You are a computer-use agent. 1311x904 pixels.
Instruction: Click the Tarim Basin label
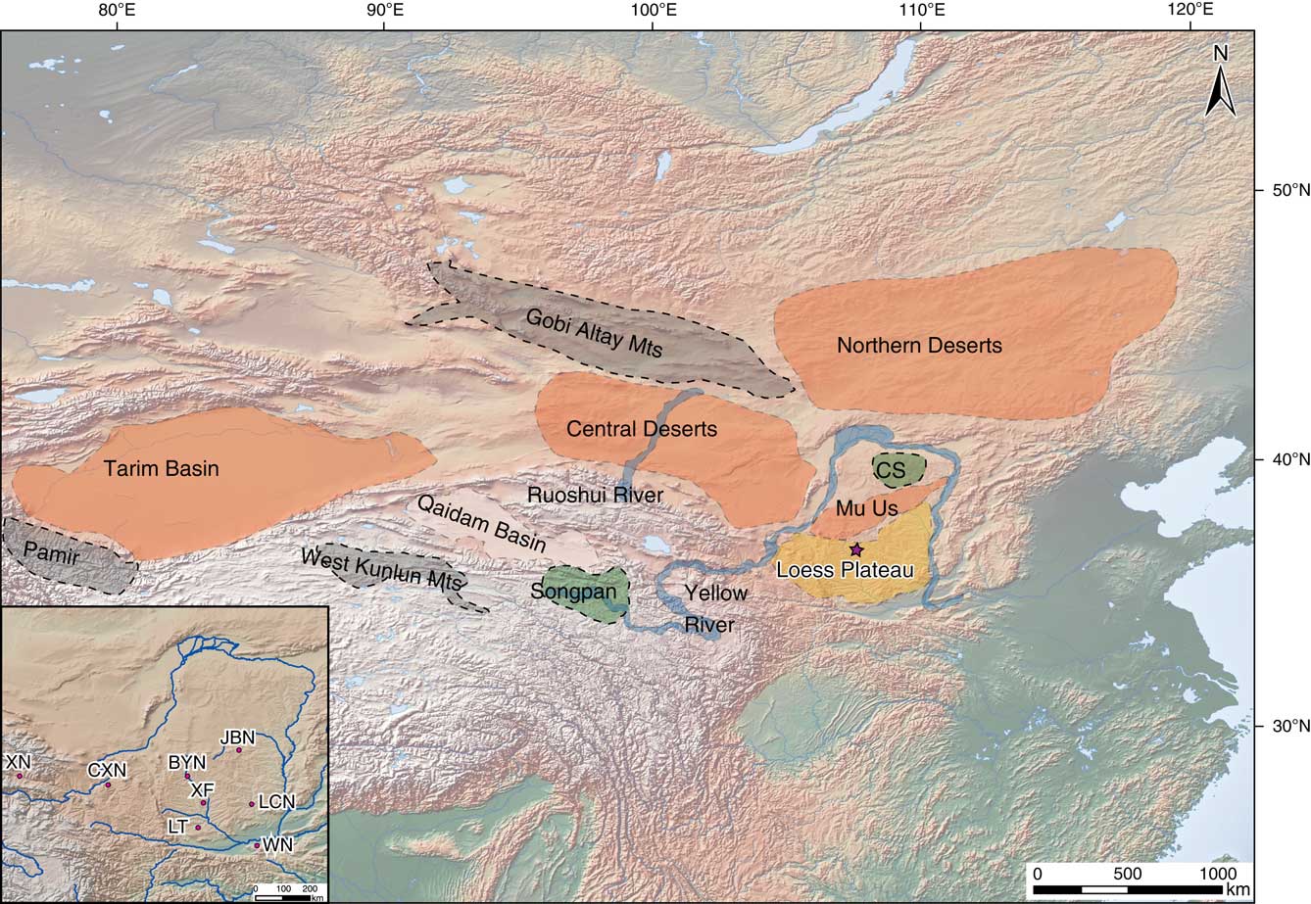[x=162, y=469]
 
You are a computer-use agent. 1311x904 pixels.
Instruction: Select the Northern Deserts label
[x=919, y=346]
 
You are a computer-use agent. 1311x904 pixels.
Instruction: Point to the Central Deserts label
[x=642, y=429]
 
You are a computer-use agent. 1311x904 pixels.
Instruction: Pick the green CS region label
[x=892, y=470]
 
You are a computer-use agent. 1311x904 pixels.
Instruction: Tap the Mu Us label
[x=866, y=509]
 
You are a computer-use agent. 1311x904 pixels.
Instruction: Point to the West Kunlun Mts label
[x=380, y=570]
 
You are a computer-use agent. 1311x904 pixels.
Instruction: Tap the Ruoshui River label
[x=595, y=496]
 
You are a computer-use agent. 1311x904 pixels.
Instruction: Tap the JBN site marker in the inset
[x=239, y=750]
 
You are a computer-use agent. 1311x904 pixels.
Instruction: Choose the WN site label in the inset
[x=278, y=843]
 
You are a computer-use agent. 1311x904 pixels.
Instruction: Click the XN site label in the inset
[x=17, y=761]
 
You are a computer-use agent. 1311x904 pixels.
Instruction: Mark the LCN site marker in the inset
[x=252, y=804]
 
